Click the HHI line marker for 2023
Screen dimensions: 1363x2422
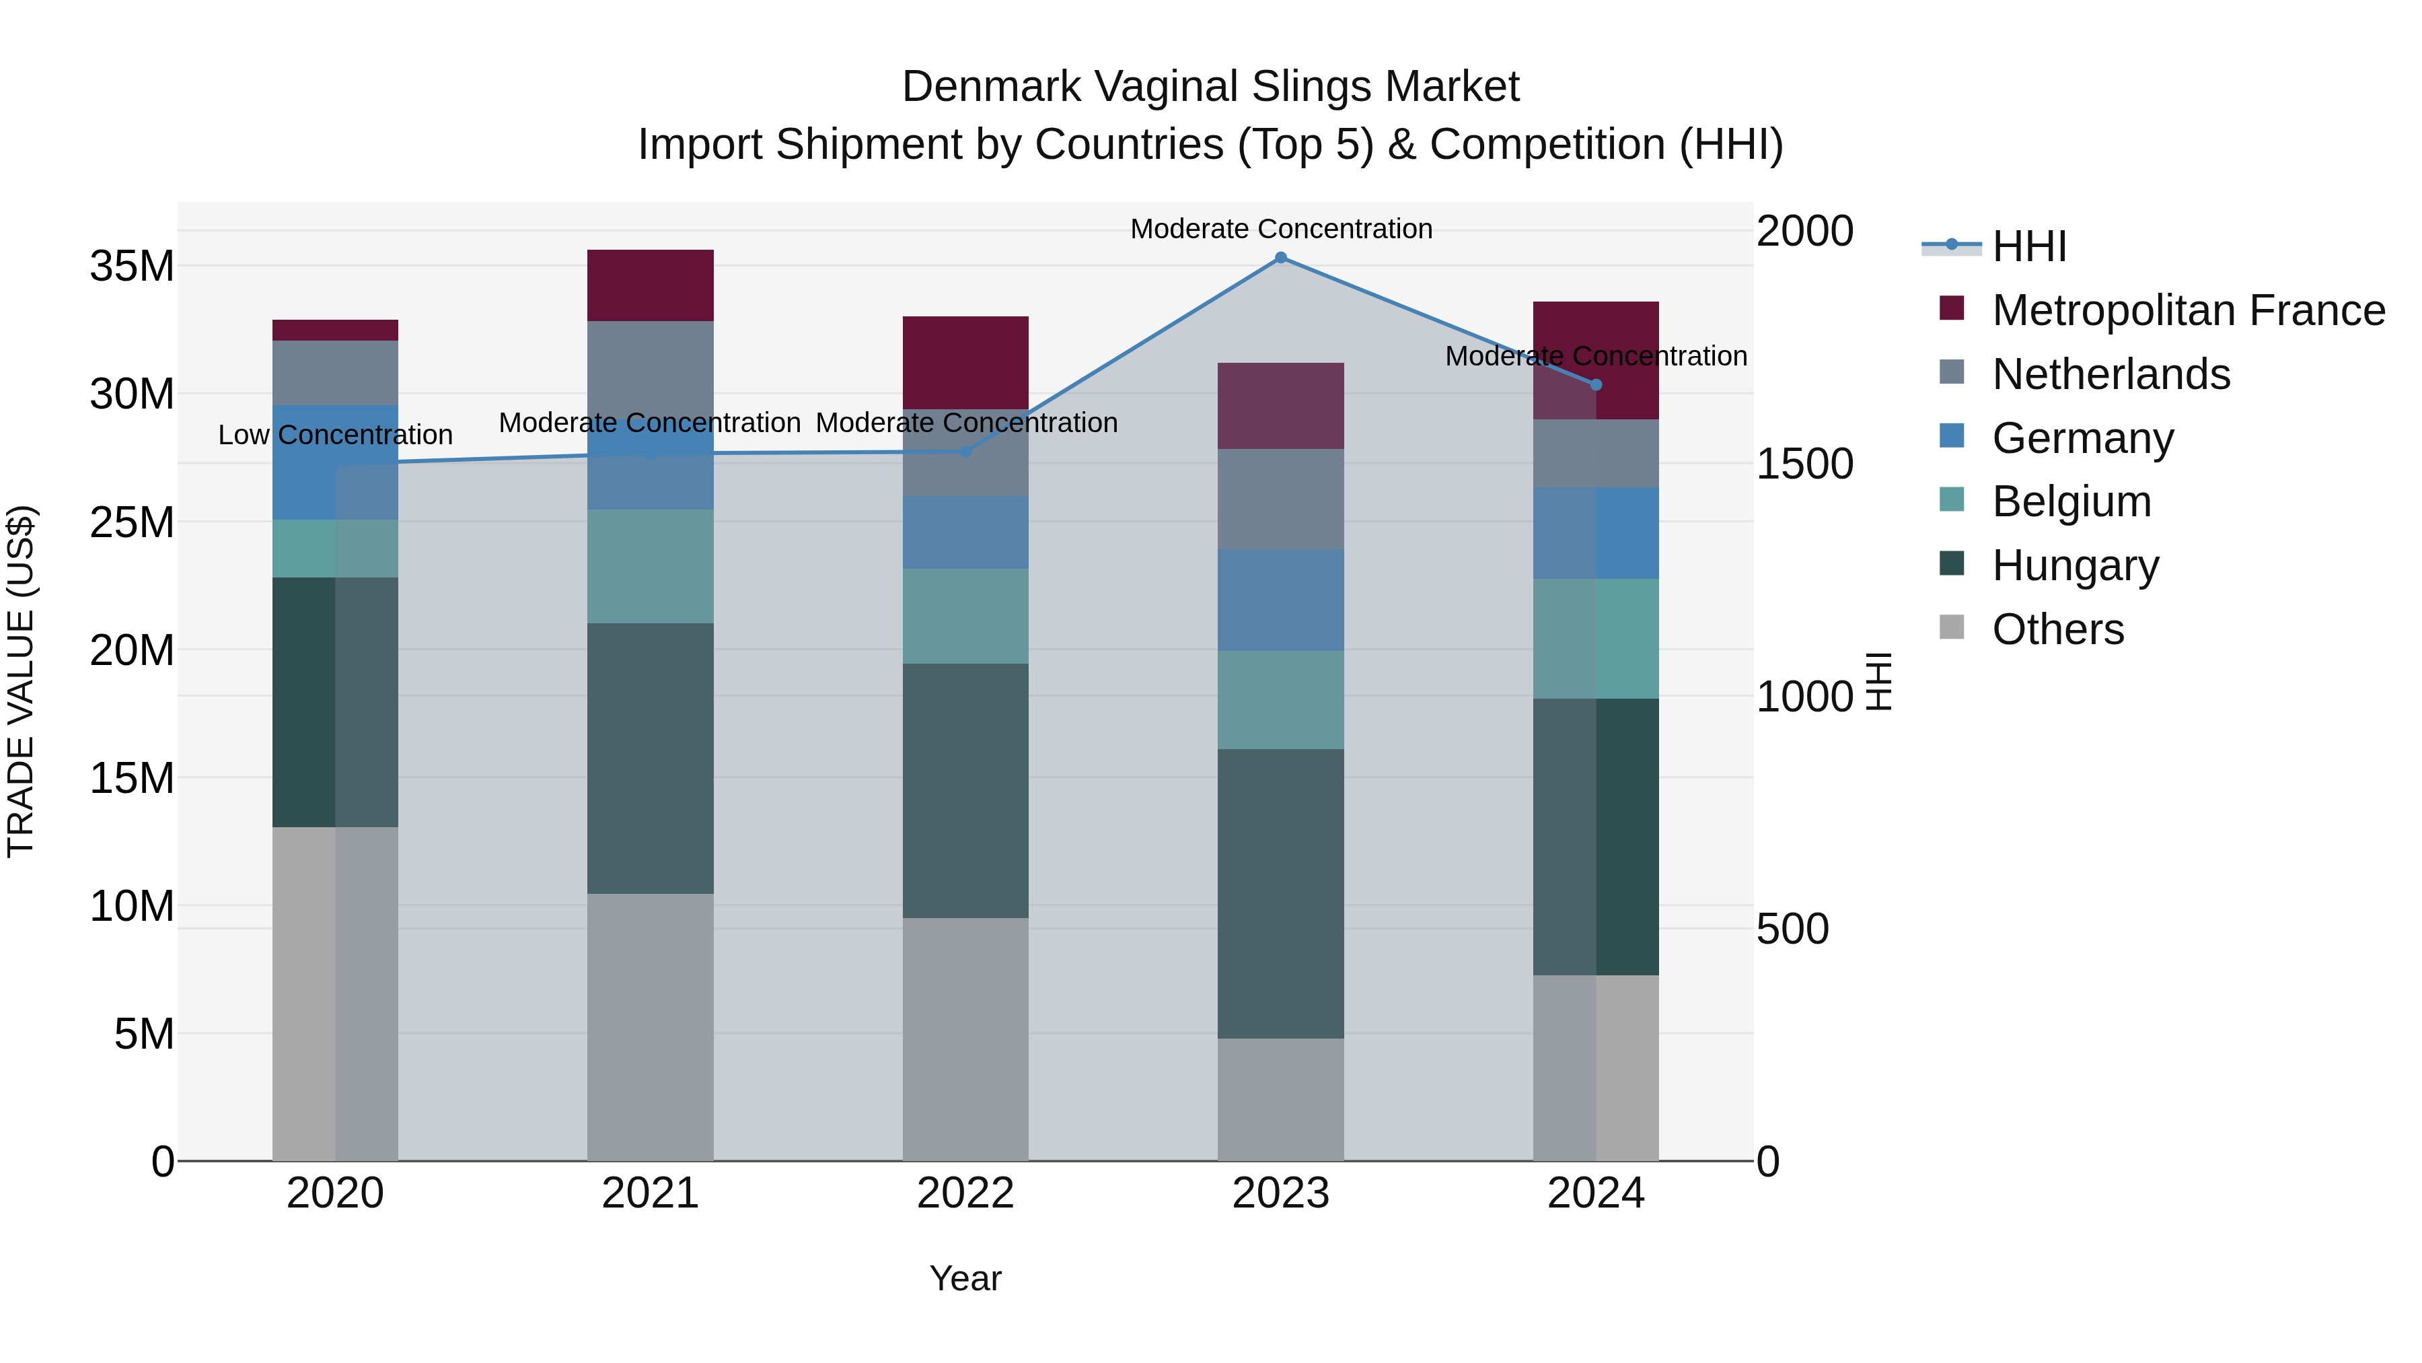click(x=1280, y=258)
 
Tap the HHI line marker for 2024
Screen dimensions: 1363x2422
click(x=1596, y=385)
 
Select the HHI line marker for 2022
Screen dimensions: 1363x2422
click(x=965, y=452)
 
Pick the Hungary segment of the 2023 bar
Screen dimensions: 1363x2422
click(x=1280, y=894)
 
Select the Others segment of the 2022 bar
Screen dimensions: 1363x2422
click(x=965, y=1039)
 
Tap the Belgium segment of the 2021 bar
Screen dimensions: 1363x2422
click(x=650, y=566)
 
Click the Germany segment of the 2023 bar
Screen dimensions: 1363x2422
click(x=1280, y=600)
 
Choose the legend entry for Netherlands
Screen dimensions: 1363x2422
click(x=2110, y=374)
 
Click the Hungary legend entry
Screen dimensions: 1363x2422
click(x=2075, y=565)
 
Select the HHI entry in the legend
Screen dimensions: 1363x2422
click(x=2029, y=246)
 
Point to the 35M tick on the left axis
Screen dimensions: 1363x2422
click(x=132, y=266)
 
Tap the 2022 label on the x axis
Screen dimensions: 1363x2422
click(x=965, y=1193)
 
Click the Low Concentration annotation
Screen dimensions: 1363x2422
click(x=336, y=435)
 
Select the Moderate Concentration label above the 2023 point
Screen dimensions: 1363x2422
click(x=1280, y=229)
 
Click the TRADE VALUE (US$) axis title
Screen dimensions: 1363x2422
click(x=21, y=681)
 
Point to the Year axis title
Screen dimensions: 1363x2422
click(x=965, y=1278)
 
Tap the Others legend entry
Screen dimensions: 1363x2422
click(x=2057, y=629)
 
